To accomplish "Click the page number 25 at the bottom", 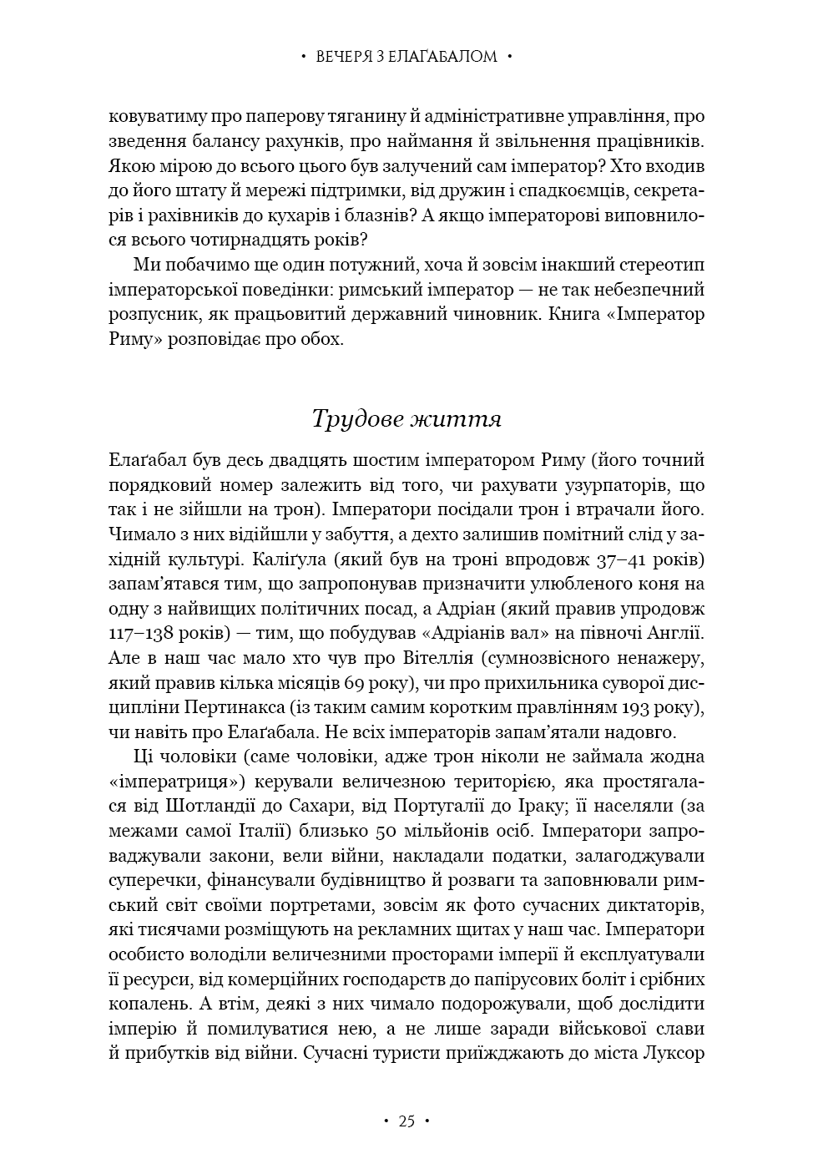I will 406,1121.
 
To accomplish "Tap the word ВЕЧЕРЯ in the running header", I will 344,58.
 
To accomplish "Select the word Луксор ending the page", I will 676,1054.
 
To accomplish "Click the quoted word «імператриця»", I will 164,782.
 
